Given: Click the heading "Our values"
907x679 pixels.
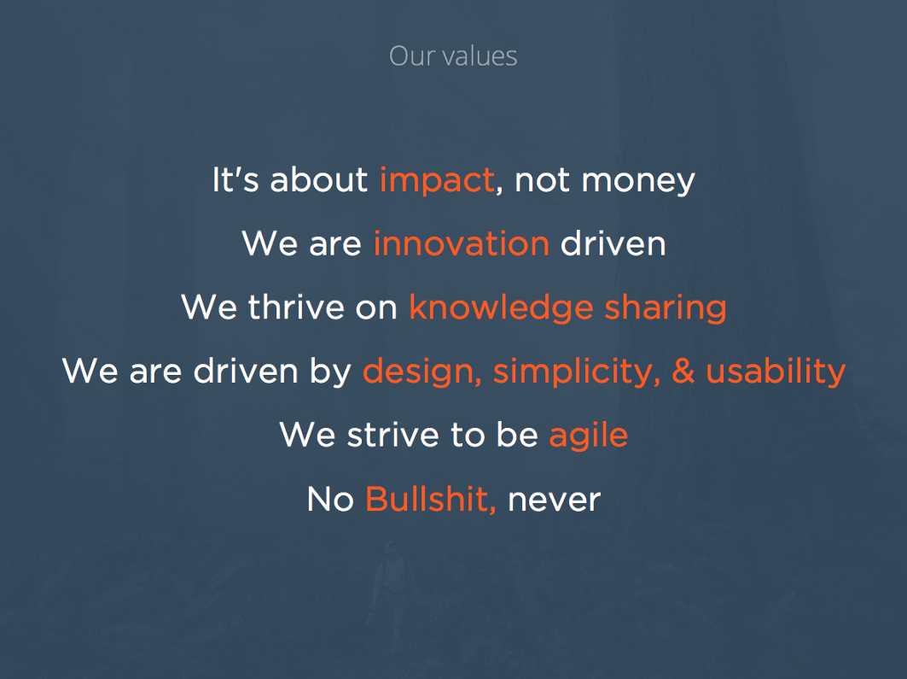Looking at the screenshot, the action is (453, 56).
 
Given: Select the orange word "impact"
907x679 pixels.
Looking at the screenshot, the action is (437, 180).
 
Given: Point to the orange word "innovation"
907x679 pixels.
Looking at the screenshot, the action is (461, 243).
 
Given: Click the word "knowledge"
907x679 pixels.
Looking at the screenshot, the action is (501, 308).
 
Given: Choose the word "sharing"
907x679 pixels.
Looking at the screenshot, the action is (666, 308).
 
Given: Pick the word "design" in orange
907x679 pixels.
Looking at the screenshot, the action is (422, 372).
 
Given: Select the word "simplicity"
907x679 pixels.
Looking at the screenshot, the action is (577, 372).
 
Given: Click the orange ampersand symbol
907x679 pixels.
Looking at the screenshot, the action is (683, 371).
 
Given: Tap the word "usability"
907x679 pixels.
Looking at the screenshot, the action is (776, 372).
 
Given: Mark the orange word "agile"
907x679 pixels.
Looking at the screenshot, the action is (588, 436).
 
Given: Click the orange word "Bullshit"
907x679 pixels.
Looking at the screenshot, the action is (430, 499).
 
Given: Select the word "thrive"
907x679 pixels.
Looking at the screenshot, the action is (296, 307).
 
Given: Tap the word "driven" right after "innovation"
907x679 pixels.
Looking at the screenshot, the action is (613, 243).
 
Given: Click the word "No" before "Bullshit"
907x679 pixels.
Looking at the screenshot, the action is (330, 499).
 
